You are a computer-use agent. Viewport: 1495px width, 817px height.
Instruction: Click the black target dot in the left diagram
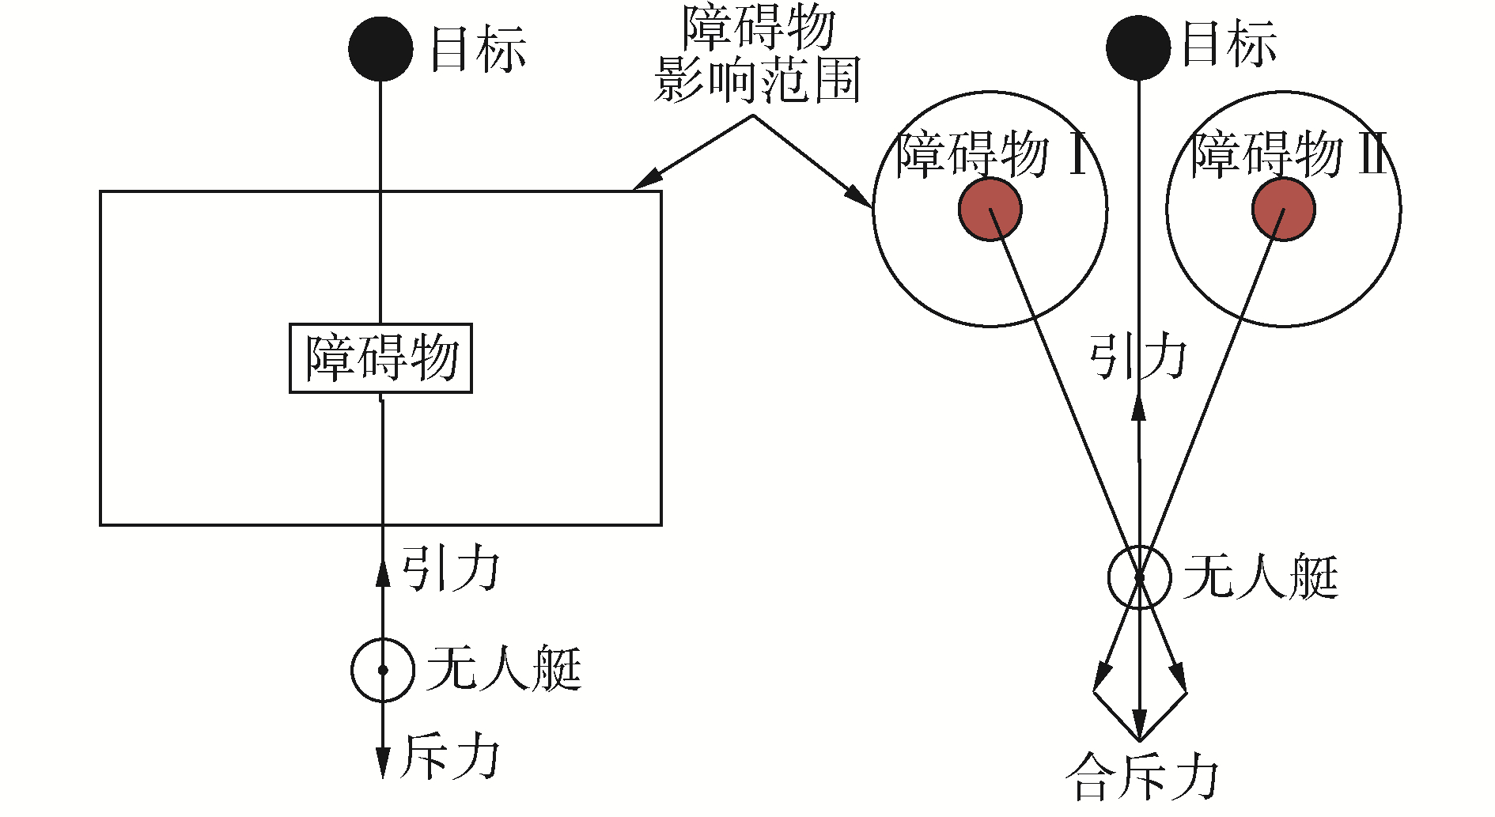pos(380,49)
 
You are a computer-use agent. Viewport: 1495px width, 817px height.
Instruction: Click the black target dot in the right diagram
pos(1138,48)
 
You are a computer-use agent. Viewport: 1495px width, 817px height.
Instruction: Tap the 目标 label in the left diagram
pos(478,50)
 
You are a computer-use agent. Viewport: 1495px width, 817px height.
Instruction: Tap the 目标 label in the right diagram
pos(1228,43)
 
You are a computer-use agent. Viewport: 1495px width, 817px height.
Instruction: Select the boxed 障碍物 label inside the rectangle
pos(381,358)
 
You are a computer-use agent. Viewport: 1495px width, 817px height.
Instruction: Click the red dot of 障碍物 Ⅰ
pos(990,210)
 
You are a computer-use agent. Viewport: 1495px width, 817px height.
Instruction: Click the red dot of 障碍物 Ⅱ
pos(1283,210)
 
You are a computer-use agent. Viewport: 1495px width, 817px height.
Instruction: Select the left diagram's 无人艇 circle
pos(383,670)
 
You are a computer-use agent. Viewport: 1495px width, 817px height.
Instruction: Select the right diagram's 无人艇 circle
pos(1139,577)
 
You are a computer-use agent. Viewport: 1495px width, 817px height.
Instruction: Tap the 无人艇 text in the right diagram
pos(1260,577)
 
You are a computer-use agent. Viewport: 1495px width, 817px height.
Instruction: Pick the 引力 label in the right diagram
pos(1138,357)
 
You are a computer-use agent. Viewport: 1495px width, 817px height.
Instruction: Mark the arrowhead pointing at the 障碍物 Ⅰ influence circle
pos(857,195)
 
